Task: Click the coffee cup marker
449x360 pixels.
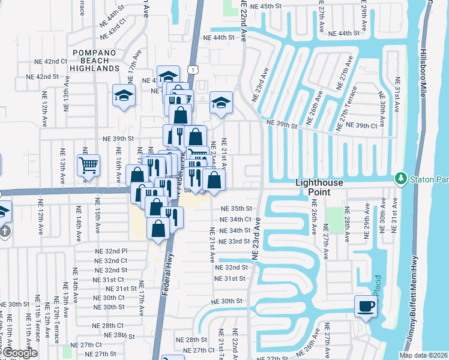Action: (366, 307)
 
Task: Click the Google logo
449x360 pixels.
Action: (19, 353)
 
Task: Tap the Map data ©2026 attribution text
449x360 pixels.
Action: (423, 355)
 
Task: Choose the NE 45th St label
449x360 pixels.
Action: (267, 5)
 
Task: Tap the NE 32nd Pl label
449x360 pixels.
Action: (111, 251)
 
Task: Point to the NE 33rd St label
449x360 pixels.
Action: (235, 241)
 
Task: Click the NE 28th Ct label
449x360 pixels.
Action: (109, 325)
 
